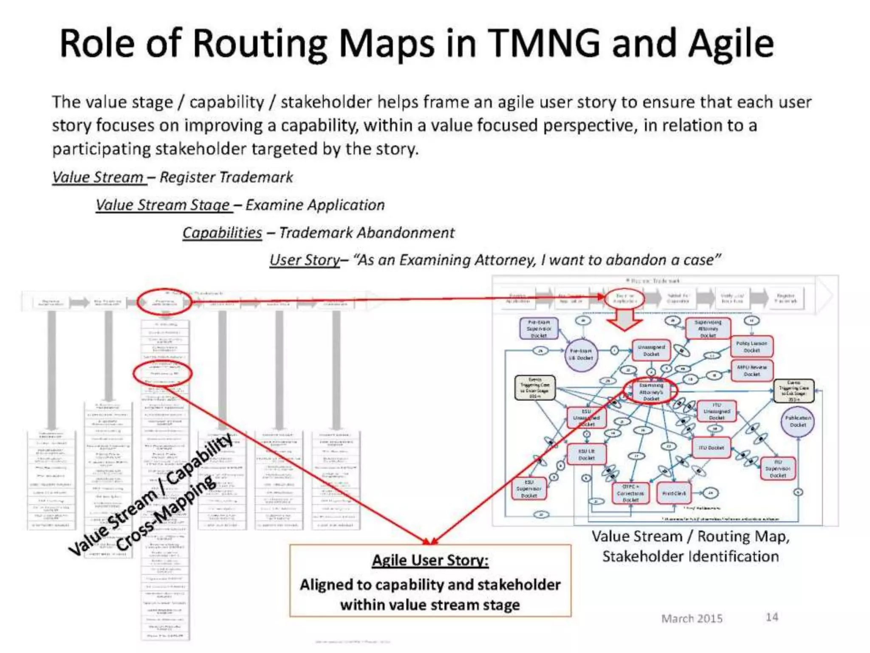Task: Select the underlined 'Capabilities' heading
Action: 222,233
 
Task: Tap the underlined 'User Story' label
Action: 305,260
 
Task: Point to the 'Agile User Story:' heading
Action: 430,560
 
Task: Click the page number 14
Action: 771,617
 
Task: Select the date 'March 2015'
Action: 692,619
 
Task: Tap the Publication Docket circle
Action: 798,421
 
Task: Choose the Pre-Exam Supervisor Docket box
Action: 539,329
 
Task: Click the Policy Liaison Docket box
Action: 751,346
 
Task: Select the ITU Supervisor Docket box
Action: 778,468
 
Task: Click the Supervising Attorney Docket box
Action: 708,329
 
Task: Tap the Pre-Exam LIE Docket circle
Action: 581,355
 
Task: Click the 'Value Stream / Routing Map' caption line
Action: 690,537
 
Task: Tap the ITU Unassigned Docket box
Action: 716,411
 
